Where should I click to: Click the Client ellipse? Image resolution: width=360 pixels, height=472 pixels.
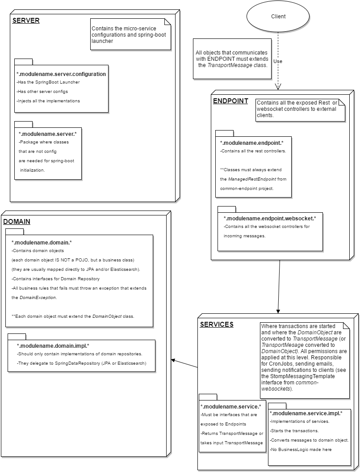[x=278, y=17]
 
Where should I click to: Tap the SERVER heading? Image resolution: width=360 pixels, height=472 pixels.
[x=26, y=21]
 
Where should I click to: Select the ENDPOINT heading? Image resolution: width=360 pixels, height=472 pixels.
[x=230, y=101]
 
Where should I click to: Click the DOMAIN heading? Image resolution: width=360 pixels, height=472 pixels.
[x=17, y=221]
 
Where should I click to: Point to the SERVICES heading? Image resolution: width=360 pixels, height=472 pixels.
[x=216, y=324]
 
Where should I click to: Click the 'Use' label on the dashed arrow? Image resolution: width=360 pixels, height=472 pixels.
[x=277, y=61]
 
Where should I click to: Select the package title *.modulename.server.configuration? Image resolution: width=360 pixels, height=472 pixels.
[x=61, y=74]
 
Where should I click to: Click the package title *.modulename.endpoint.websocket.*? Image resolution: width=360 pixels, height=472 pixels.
[x=270, y=219]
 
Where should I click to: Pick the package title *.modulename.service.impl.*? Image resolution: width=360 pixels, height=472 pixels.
[x=306, y=413]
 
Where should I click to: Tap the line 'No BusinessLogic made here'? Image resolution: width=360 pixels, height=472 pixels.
[x=301, y=450]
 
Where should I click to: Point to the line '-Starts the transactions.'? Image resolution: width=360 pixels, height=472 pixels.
[x=294, y=431]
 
